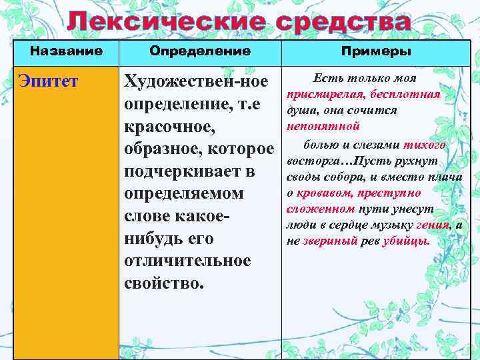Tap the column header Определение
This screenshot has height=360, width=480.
point(200,51)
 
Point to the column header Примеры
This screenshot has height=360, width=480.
point(376,51)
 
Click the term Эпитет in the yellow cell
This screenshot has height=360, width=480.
point(48,82)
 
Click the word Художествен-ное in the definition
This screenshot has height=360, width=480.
point(196,83)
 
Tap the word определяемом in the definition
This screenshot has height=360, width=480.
point(184,194)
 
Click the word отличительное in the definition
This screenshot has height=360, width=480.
point(187,261)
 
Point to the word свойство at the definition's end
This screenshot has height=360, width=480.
point(161,283)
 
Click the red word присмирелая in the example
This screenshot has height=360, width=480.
point(319,95)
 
